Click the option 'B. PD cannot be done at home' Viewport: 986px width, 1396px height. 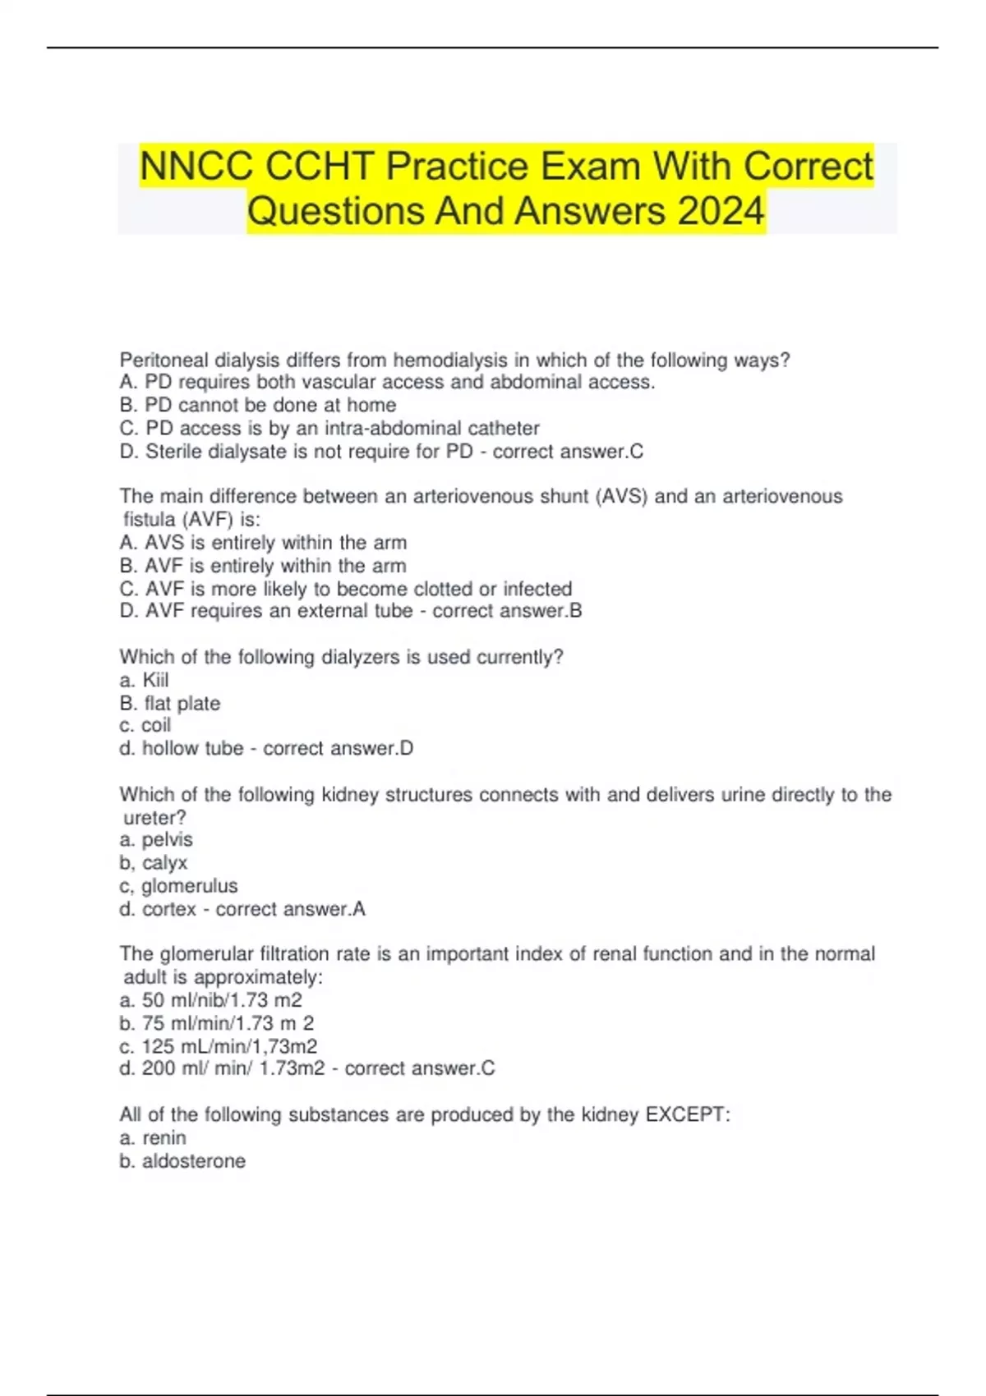pos(257,405)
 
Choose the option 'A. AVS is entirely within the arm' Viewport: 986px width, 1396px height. pos(263,543)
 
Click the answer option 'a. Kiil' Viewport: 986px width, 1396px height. pos(144,680)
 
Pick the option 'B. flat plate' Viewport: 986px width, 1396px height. pos(169,703)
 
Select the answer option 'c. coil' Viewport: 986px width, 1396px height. pos(145,725)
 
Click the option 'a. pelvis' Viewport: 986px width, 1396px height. pos(156,839)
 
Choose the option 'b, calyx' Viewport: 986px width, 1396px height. pos(153,862)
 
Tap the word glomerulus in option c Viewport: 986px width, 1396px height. pos(189,885)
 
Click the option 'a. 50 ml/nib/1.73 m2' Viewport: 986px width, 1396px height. pos(210,1000)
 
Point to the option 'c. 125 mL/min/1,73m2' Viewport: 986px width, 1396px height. pos(218,1046)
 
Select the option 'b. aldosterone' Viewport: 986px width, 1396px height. pos(182,1160)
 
